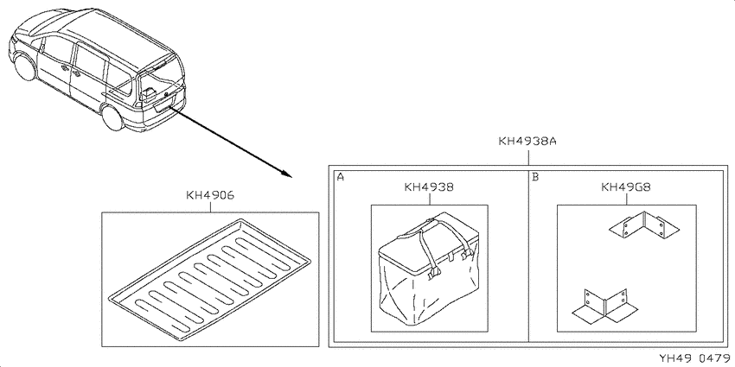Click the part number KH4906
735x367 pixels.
[x=210, y=195]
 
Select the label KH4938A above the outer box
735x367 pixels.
[x=527, y=141]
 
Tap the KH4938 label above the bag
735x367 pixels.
[x=429, y=187]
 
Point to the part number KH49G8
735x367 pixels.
[x=626, y=187]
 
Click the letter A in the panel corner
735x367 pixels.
[x=341, y=177]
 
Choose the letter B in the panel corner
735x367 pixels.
[x=535, y=177]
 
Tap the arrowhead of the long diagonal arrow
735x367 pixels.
[x=287, y=174]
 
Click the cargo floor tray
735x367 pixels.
[x=209, y=279]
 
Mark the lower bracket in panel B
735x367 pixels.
[x=604, y=307]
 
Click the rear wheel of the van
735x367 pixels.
[x=113, y=117]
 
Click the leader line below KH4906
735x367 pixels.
[x=210, y=206]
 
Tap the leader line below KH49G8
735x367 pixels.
[x=626, y=199]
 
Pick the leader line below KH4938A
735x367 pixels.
[x=528, y=156]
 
